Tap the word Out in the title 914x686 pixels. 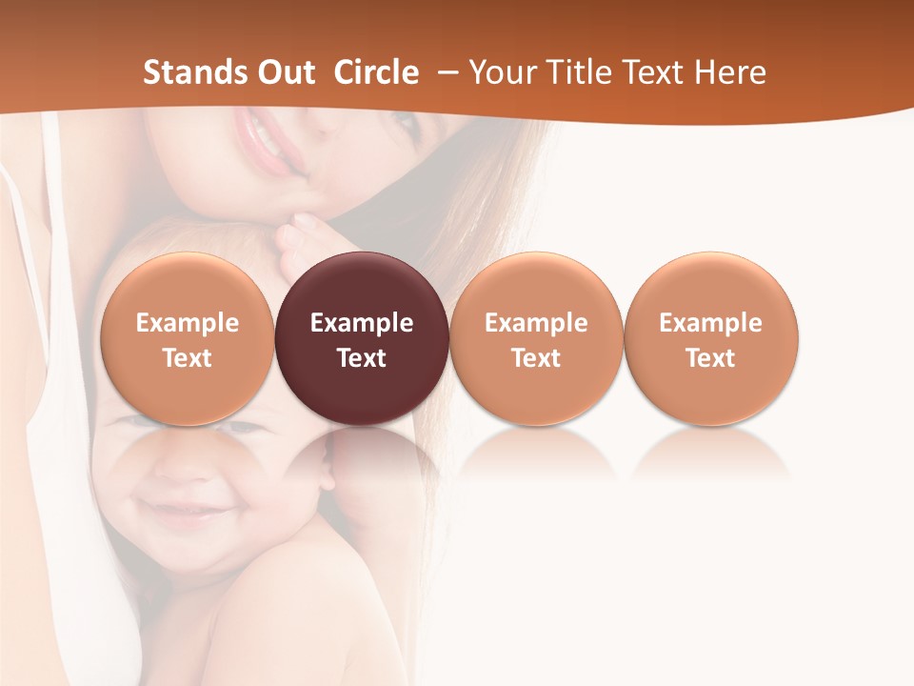click(x=285, y=72)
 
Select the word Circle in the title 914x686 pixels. click(x=376, y=72)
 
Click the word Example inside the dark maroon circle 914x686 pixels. click(x=362, y=323)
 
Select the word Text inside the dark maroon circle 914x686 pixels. click(x=362, y=358)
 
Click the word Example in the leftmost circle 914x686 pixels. click(x=188, y=323)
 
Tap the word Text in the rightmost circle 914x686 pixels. click(x=710, y=358)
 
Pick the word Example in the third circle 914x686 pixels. click(x=536, y=323)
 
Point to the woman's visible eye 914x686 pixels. click(x=405, y=122)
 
